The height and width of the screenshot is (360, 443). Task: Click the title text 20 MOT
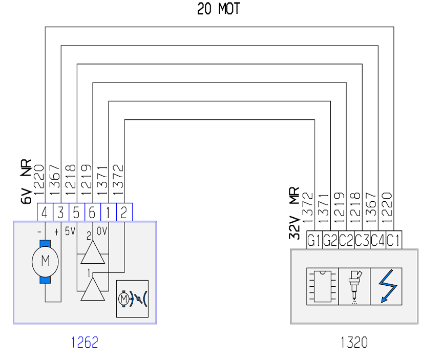[x=218, y=9]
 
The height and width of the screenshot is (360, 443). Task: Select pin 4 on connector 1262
[x=45, y=212]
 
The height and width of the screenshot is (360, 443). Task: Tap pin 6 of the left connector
[x=92, y=212]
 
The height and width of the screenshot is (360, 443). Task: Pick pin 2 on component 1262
[x=124, y=212]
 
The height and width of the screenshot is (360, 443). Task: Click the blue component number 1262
[x=85, y=343]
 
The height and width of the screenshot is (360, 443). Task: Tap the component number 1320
[x=354, y=343]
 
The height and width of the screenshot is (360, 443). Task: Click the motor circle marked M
[x=45, y=262]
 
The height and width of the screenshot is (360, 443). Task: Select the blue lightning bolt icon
[x=386, y=286]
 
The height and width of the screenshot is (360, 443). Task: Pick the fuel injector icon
[x=354, y=287]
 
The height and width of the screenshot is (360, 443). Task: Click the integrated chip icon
[x=322, y=287]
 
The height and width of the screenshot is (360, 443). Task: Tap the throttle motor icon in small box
[x=132, y=299]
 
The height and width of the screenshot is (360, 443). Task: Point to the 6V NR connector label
[x=26, y=181]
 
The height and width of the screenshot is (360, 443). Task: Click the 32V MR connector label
[x=294, y=213]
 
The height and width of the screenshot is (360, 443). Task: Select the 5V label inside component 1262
[x=70, y=231]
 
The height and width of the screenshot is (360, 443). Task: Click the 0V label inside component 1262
[x=102, y=231]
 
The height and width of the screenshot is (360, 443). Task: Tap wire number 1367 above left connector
[x=55, y=180]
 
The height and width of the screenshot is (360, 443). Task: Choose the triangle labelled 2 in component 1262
[x=93, y=252]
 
